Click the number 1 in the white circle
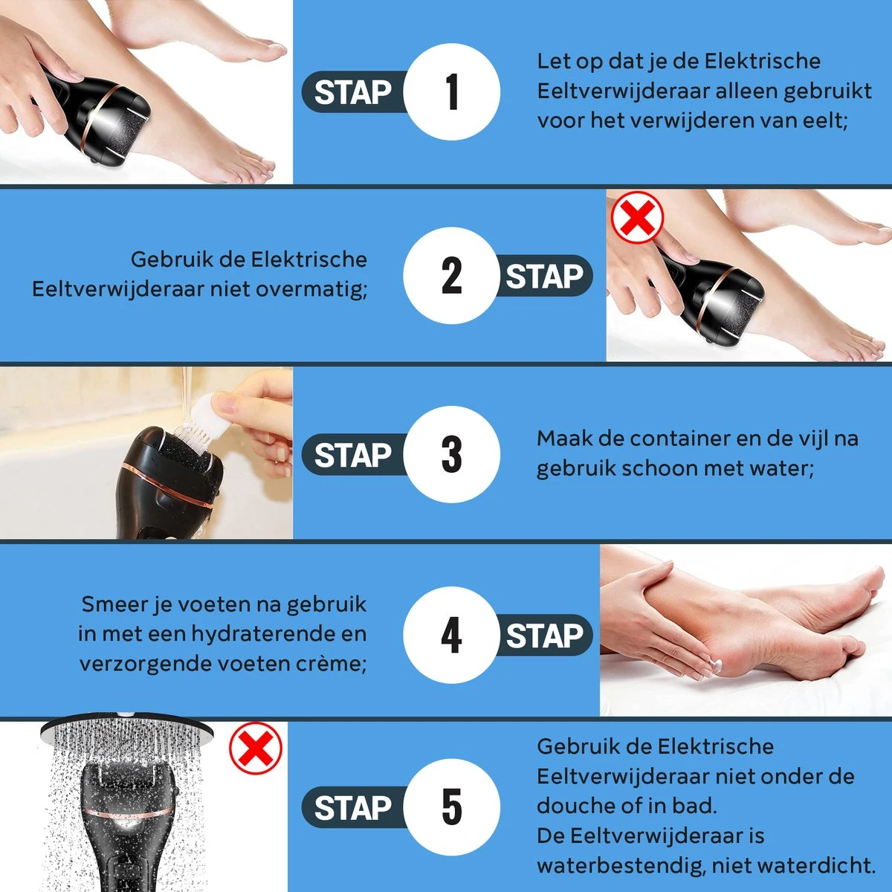452,92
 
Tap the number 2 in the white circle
451,276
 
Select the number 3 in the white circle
452,454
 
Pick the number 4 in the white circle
451,636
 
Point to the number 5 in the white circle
452,807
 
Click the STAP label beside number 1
352,93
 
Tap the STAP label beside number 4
544,636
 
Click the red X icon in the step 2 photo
636,217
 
